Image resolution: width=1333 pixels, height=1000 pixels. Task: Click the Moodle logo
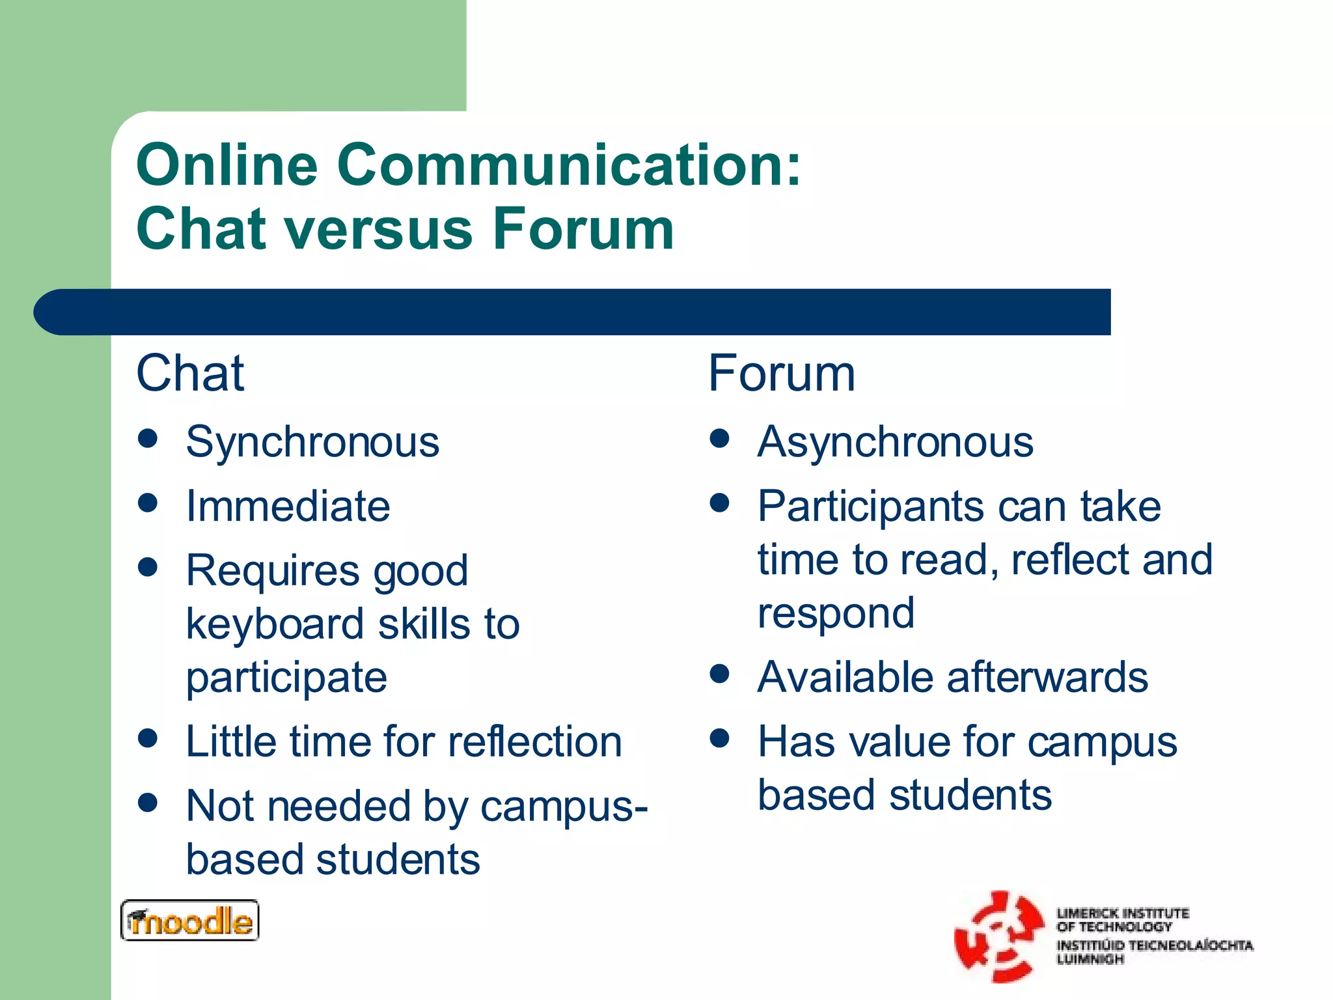click(x=189, y=921)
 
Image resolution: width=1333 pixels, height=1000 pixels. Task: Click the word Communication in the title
click(x=569, y=165)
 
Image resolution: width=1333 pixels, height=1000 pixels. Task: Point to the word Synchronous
click(x=312, y=443)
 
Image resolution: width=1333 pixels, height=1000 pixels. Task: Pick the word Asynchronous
click(x=895, y=443)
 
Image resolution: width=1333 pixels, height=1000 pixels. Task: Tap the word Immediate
click(x=288, y=507)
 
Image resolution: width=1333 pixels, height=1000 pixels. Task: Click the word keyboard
click(x=274, y=624)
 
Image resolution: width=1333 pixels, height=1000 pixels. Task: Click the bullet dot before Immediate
click(x=148, y=503)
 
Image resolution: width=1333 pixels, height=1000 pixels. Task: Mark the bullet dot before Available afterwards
click(x=719, y=673)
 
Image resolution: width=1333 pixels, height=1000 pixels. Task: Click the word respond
click(x=836, y=613)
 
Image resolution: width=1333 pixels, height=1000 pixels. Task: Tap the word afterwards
click(x=1047, y=678)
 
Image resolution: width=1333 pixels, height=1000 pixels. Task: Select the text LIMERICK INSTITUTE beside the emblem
click(x=1122, y=913)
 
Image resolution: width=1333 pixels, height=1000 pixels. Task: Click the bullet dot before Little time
click(x=148, y=738)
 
